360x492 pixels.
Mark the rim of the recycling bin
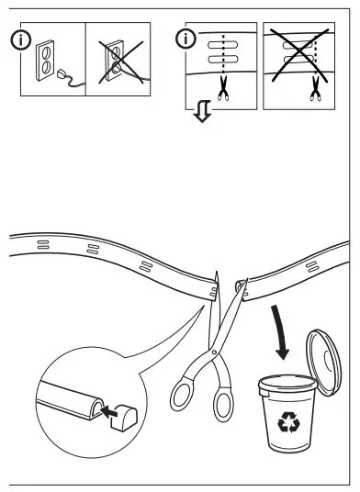[291, 385]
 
